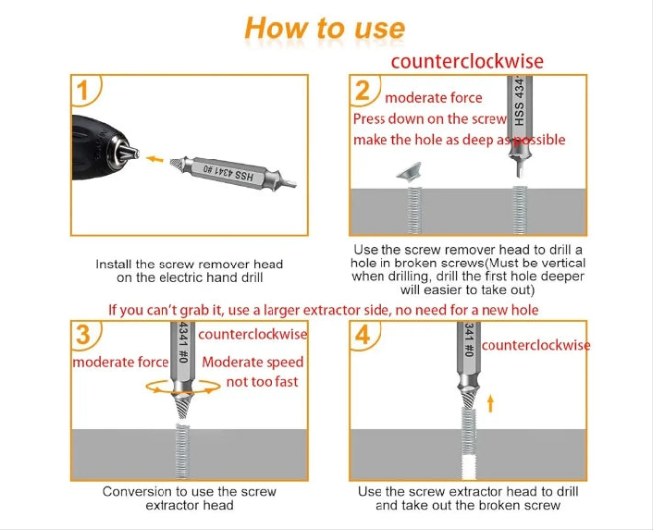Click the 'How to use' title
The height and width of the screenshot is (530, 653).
[324, 29]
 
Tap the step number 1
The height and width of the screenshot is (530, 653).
[83, 90]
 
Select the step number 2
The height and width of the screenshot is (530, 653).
[362, 90]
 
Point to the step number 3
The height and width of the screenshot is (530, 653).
[83, 335]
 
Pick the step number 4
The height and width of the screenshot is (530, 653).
[362, 335]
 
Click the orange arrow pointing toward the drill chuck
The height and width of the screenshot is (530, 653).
[155, 159]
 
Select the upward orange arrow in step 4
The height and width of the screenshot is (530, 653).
[490, 403]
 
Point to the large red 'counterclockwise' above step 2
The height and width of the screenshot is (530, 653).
[468, 61]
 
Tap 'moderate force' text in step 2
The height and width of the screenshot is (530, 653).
[434, 98]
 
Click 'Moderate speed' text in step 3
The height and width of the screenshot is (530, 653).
[253, 362]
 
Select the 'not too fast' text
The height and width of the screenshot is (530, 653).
[262, 381]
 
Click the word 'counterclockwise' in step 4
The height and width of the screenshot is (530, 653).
[535, 345]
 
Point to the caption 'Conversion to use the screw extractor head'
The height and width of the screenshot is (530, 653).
[189, 498]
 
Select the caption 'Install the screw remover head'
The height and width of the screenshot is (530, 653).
[189, 264]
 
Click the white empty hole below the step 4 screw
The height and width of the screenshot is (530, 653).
[469, 467]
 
